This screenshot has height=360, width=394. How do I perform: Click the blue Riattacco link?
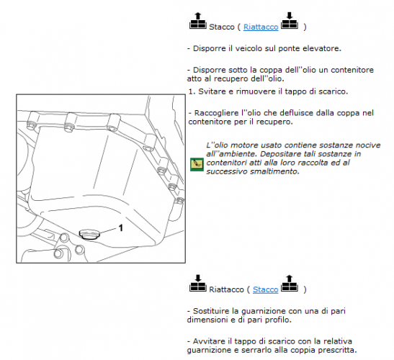pos(261,27)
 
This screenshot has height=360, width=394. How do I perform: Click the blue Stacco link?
pos(265,289)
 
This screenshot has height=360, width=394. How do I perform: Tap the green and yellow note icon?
pos(197,165)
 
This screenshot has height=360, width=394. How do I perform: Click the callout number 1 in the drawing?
pos(121,228)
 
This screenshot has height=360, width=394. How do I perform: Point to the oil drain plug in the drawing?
pos(89,234)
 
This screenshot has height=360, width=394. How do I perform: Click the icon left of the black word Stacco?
pos(198,21)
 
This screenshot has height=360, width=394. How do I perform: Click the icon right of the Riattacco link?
pos(290,21)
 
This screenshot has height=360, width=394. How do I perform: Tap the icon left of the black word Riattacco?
pos(198,284)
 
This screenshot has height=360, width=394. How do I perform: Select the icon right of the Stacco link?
pos(290,284)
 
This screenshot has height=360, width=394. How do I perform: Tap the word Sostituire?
pos(212,311)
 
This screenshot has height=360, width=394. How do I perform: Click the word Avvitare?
pos(210,341)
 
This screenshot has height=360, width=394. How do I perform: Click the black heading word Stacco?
pos(222,27)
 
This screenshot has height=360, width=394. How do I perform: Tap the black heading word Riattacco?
pos(226,289)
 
